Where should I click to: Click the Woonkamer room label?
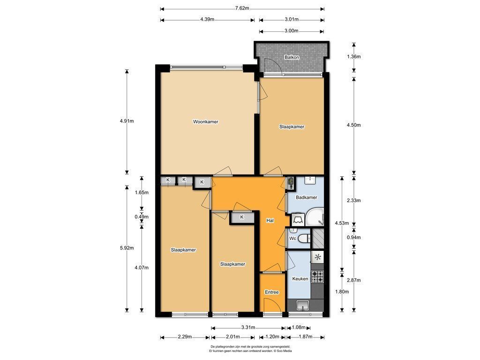[205, 122]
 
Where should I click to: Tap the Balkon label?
[292, 57]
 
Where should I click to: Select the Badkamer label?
[307, 197]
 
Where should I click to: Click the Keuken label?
[300, 279]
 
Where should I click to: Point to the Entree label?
[272, 292]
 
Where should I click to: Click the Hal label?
[270, 220]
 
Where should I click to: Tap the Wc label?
[292, 238]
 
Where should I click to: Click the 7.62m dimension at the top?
[242, 8]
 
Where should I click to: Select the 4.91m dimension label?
[127, 121]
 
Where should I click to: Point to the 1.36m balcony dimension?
[353, 57]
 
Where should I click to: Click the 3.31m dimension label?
[248, 328]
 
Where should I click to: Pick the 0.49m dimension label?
[142, 217]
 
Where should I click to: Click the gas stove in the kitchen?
[317, 277]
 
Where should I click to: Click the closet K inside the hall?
[242, 217]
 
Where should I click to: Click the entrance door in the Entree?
[272, 305]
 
